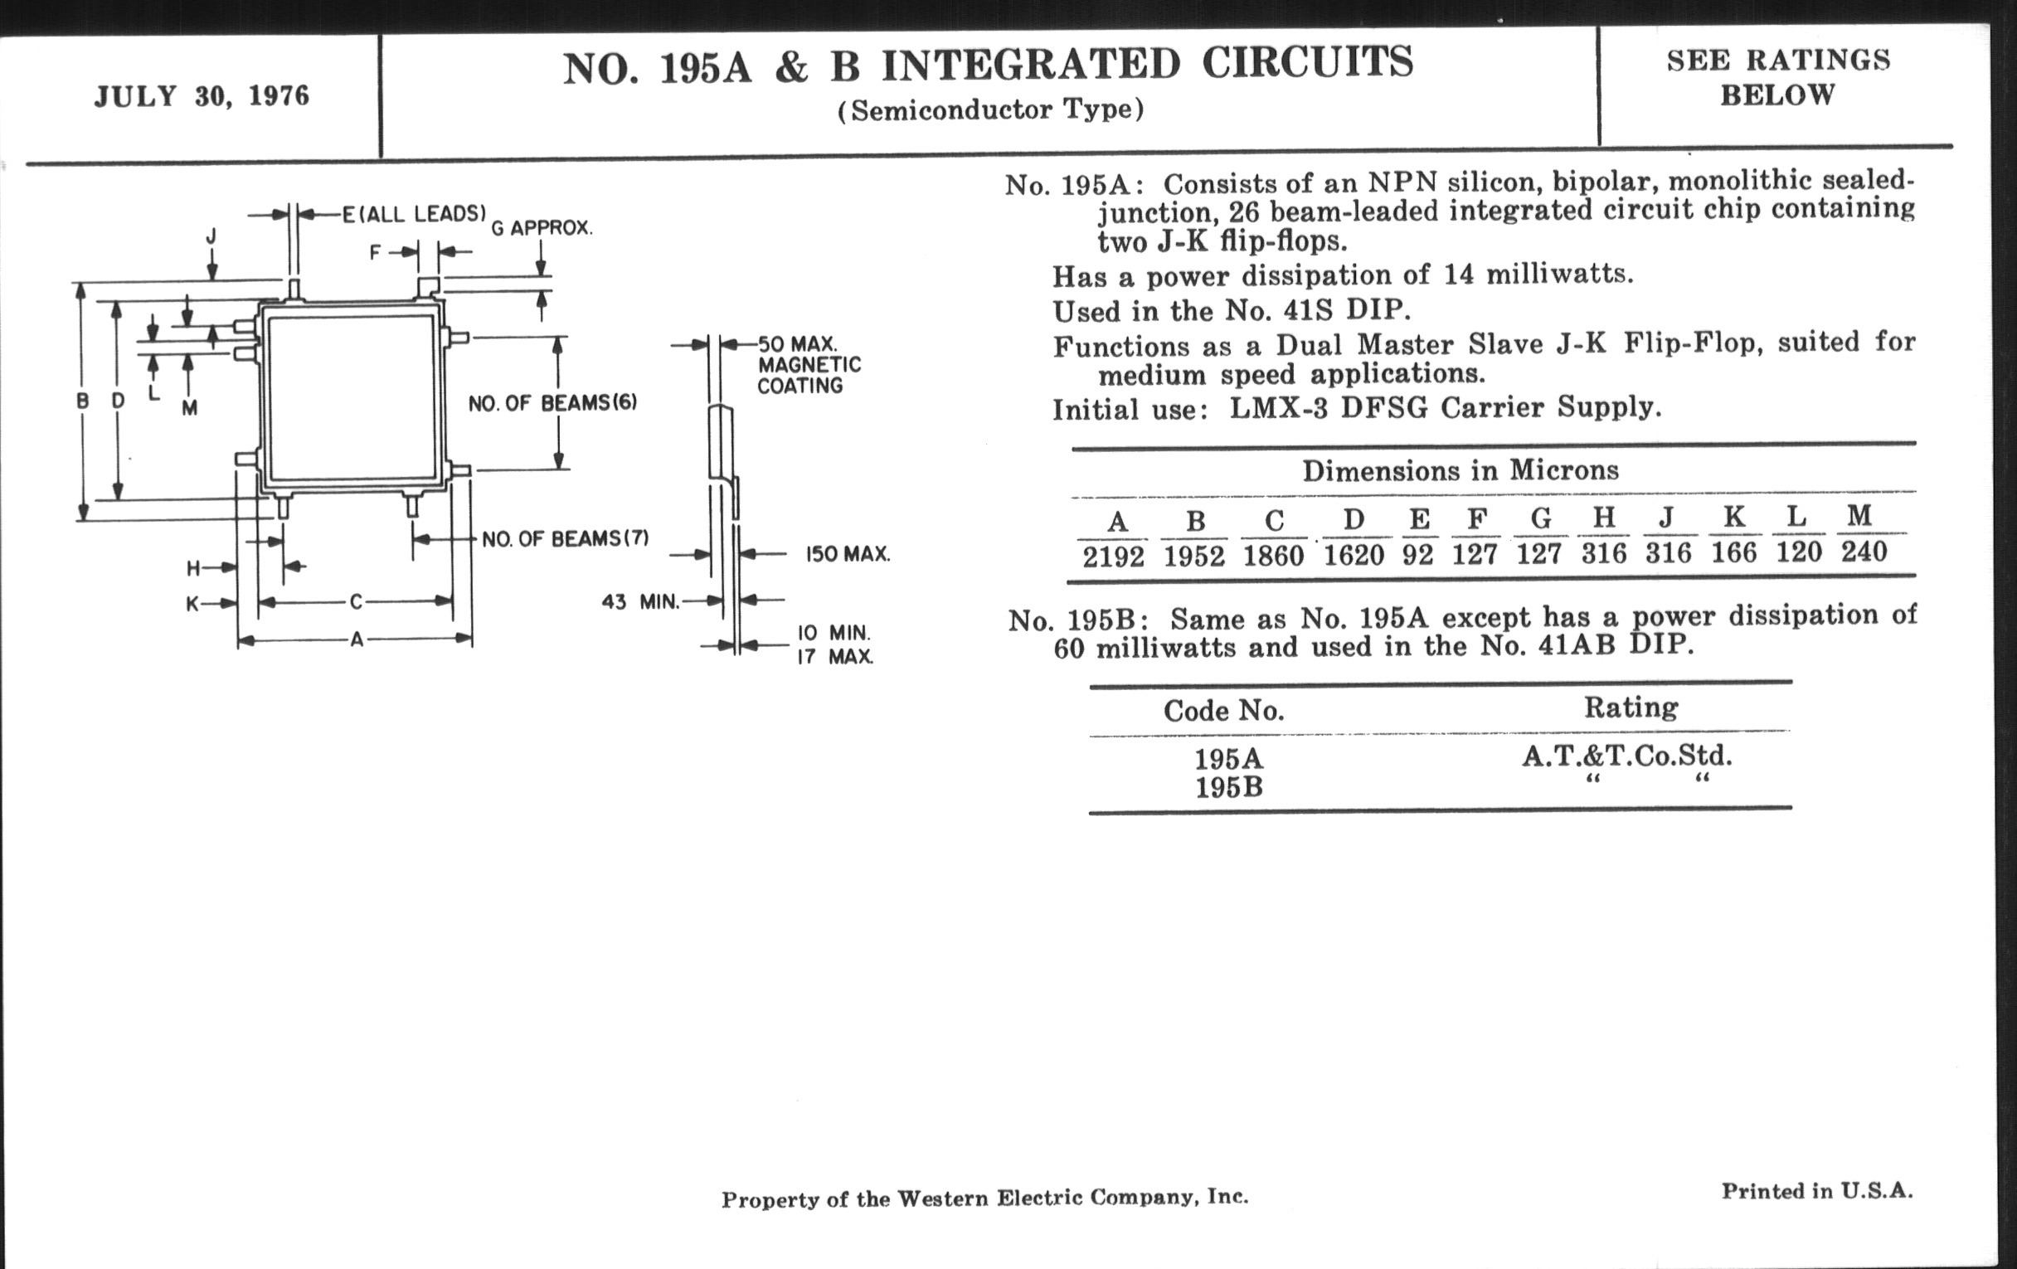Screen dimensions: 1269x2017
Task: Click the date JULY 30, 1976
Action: (201, 96)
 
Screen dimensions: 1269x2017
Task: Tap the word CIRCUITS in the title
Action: (1308, 63)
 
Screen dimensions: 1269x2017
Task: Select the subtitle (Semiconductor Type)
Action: (991, 109)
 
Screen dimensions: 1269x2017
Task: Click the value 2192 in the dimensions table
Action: (1113, 557)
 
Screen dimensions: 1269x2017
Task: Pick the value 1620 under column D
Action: (1354, 556)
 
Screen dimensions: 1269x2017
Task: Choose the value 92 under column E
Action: (1417, 555)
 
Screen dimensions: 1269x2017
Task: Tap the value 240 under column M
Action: (1864, 552)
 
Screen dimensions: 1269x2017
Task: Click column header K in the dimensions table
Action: (1733, 517)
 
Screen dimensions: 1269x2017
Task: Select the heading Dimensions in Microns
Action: (1460, 471)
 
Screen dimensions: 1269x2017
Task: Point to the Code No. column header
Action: (1224, 711)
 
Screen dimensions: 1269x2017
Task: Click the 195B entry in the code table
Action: (1228, 788)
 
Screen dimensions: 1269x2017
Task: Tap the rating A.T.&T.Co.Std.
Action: (1626, 756)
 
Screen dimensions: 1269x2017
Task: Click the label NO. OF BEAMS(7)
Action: (565, 538)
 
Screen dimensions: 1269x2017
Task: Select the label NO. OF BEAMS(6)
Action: (553, 404)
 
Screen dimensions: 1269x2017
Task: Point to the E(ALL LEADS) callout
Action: (414, 215)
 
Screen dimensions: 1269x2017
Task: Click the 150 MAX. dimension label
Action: (847, 555)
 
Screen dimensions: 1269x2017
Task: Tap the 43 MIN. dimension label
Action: (640, 601)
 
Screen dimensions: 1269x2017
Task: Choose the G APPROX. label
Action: (541, 228)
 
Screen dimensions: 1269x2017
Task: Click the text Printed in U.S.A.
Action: (1817, 1191)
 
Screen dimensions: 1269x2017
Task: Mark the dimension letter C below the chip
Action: (356, 601)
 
